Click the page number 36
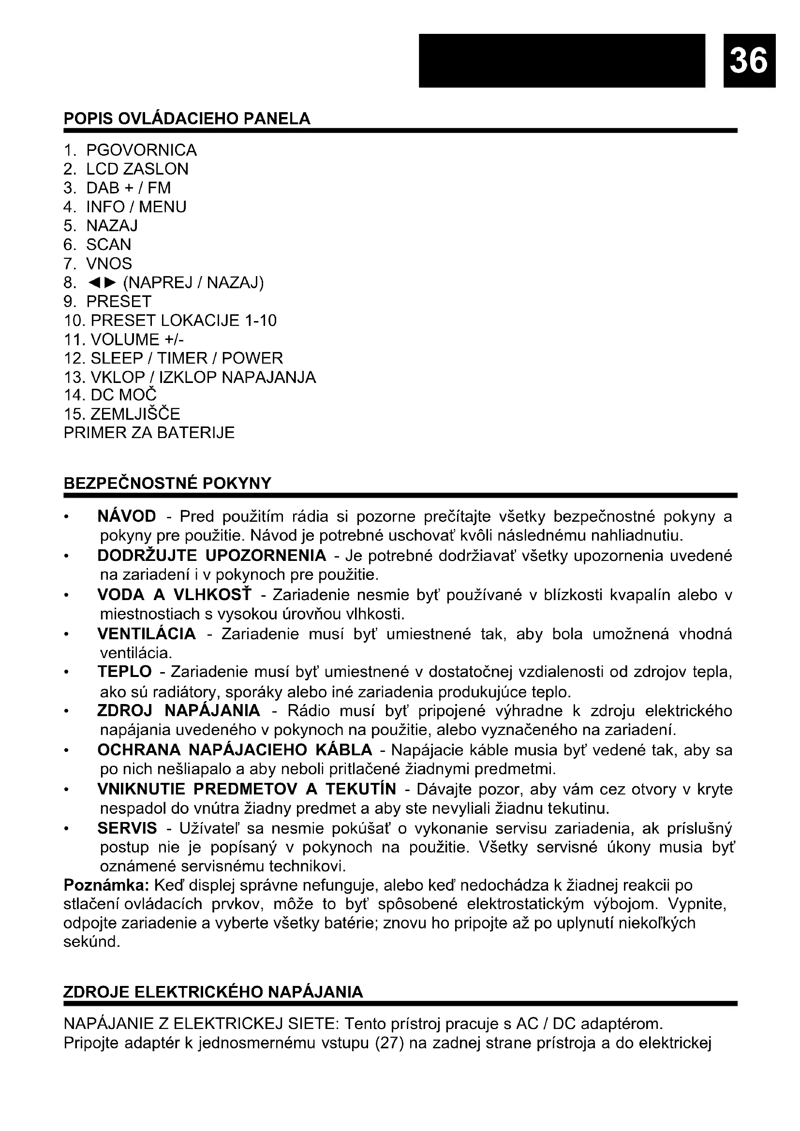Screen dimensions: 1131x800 click(x=749, y=60)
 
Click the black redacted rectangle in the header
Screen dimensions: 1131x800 click(x=562, y=59)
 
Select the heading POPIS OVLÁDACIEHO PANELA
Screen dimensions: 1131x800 click(x=187, y=119)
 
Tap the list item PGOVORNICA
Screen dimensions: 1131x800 click(x=141, y=150)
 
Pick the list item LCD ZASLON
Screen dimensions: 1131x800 click(x=137, y=169)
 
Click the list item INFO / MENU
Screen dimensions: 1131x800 click(x=136, y=207)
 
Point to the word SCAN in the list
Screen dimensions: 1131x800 click(x=109, y=245)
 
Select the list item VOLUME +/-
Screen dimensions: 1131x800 click(x=137, y=340)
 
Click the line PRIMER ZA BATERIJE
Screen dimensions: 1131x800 click(x=149, y=433)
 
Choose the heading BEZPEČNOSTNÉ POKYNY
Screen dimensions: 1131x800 click(x=167, y=483)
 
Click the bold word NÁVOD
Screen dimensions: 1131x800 click(x=127, y=516)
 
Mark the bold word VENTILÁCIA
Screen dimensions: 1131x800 click(x=146, y=633)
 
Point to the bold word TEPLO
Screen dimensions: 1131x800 click(x=125, y=672)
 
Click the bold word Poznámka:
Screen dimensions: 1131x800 click(x=106, y=885)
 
